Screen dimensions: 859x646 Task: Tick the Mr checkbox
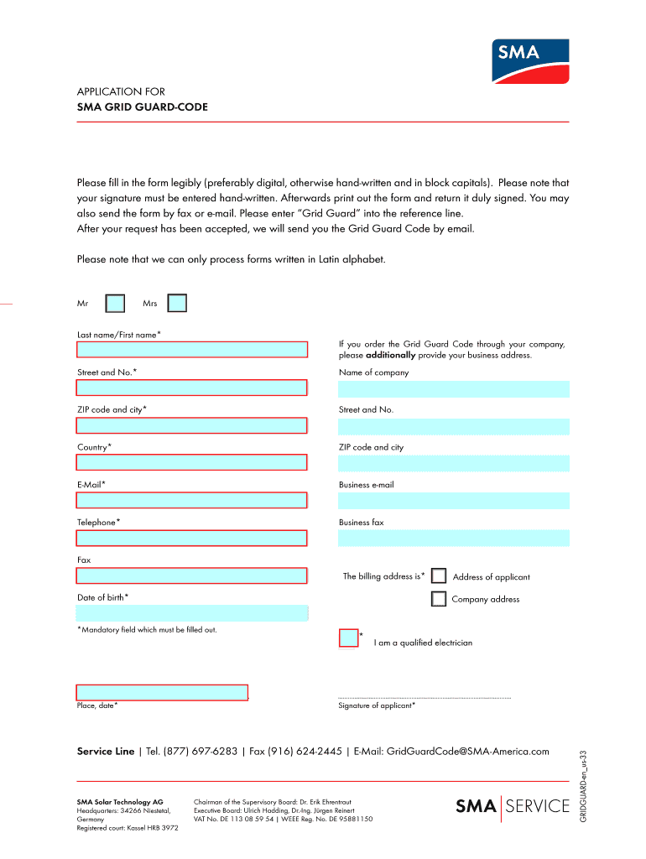pyautogui.click(x=115, y=303)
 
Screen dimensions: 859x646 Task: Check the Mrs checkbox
pyautogui.click(x=177, y=303)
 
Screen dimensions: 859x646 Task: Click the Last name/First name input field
pyautogui.click(x=191, y=350)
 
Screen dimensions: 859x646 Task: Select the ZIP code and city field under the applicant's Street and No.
pyautogui.click(x=191, y=425)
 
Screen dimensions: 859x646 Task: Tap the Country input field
pyautogui.click(x=191, y=462)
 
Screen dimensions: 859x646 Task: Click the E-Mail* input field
pyautogui.click(x=191, y=501)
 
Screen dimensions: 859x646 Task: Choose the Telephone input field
pyautogui.click(x=191, y=538)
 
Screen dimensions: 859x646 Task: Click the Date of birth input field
pyautogui.click(x=191, y=613)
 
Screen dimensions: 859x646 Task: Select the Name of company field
pyautogui.click(x=454, y=388)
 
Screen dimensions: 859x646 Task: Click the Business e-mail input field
pyautogui.click(x=454, y=501)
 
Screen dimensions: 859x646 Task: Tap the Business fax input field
pyautogui.click(x=454, y=538)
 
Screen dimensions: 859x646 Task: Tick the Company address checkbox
pyautogui.click(x=438, y=599)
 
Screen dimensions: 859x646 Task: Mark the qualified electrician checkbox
pyautogui.click(x=348, y=638)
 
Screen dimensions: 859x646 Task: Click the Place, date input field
pyautogui.click(x=162, y=692)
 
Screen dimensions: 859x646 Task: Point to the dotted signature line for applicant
pyautogui.click(x=424, y=697)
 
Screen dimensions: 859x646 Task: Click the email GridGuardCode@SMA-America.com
pyautogui.click(x=467, y=751)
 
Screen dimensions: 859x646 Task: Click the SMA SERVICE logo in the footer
pyautogui.click(x=512, y=807)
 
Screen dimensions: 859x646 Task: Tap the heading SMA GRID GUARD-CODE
pyautogui.click(x=143, y=107)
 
